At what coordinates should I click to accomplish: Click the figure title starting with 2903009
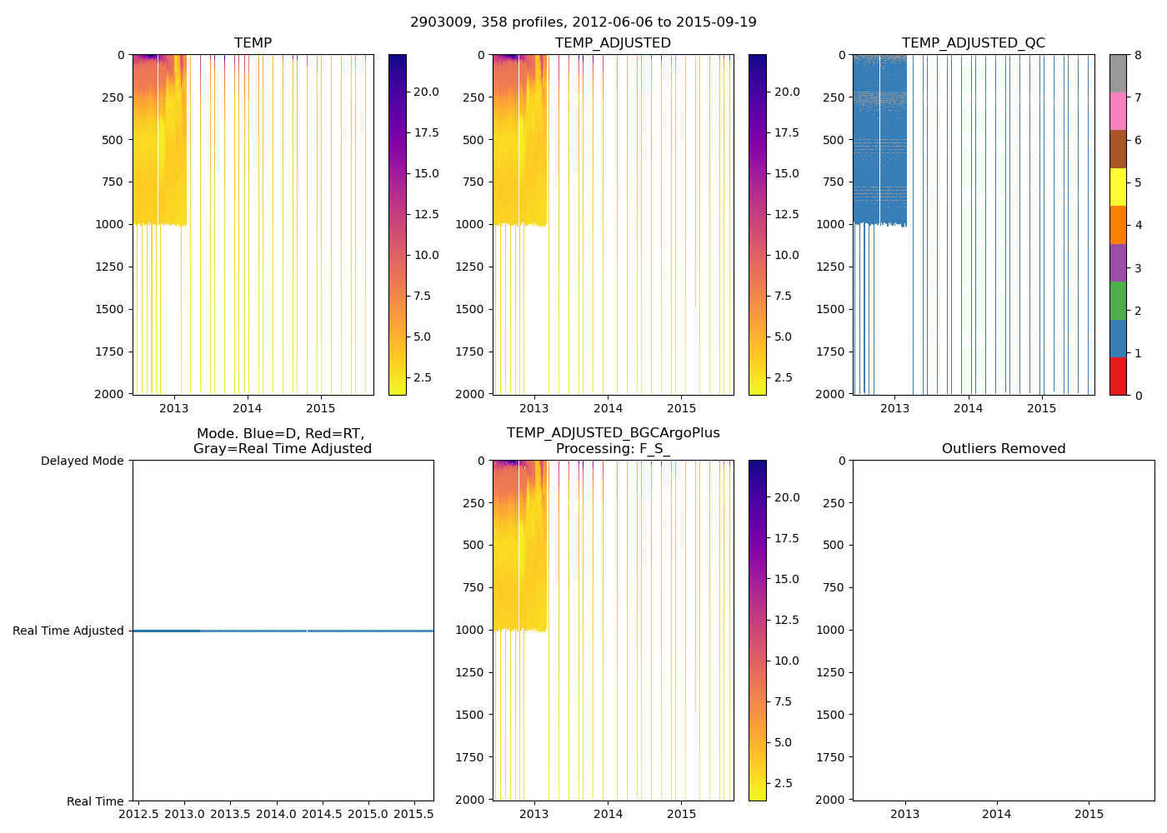pyautogui.click(x=583, y=22)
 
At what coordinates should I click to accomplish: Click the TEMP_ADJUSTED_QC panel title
pyautogui.click(x=973, y=43)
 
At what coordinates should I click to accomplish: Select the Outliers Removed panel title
pyautogui.click(x=1004, y=449)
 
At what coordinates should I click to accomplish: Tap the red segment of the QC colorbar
pyautogui.click(x=1118, y=377)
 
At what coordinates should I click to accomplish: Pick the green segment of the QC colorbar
pyautogui.click(x=1118, y=301)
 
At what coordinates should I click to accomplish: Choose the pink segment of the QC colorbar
pyautogui.click(x=1118, y=111)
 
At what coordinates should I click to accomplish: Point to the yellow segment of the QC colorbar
pyautogui.click(x=1118, y=187)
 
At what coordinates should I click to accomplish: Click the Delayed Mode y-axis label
pyautogui.click(x=82, y=461)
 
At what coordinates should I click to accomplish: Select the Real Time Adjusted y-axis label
pyautogui.click(x=68, y=631)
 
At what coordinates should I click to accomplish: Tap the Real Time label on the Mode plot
pyautogui.click(x=95, y=801)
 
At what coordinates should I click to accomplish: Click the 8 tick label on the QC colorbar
pyautogui.click(x=1138, y=55)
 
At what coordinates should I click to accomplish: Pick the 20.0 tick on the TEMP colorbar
pyautogui.click(x=426, y=92)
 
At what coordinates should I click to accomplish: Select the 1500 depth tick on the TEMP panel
pyautogui.click(x=109, y=309)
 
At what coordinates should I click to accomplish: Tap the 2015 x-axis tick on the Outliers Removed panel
pyautogui.click(x=1089, y=814)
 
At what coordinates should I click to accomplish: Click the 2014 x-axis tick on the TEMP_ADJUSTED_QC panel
pyautogui.click(x=968, y=408)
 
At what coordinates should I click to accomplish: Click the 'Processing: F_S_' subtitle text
pyautogui.click(x=613, y=449)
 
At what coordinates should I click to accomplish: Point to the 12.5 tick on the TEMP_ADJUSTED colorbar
pyautogui.click(x=787, y=214)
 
